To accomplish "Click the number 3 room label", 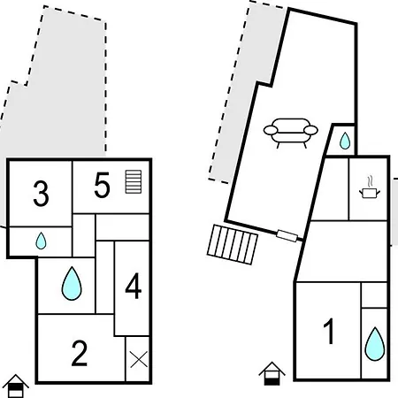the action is click(x=41, y=194).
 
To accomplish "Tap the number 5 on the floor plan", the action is click(x=102, y=185).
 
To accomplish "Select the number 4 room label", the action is click(x=134, y=286).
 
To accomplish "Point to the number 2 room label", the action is click(x=80, y=353).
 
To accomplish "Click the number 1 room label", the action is click(x=329, y=331).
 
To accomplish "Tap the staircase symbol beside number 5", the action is click(x=134, y=181).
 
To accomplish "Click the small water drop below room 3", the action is click(x=41, y=241).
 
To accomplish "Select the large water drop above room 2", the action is click(x=72, y=283).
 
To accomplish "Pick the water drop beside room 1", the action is click(x=375, y=344).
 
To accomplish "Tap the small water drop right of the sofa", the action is click(x=345, y=141).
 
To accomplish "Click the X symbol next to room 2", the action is click(x=139, y=359).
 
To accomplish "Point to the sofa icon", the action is click(x=291, y=133).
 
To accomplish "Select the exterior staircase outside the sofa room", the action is click(x=233, y=245).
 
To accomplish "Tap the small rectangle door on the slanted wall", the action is click(x=287, y=236).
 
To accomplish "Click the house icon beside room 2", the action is click(x=15, y=386).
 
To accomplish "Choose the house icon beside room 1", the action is click(x=272, y=373).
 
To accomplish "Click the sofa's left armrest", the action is click(x=271, y=130).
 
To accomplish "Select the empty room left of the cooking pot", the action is click(x=331, y=189).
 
